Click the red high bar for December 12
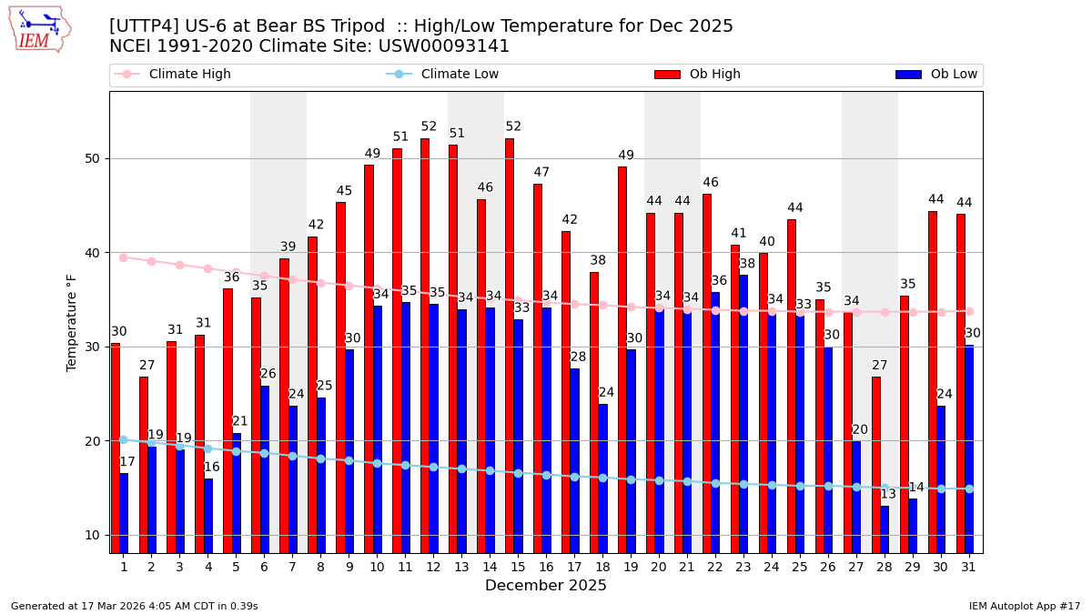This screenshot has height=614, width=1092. pos(425,346)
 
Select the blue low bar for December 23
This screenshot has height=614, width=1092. pos(743,414)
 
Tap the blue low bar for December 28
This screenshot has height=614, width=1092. pos(885,529)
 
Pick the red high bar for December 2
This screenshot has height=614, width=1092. pos(143,464)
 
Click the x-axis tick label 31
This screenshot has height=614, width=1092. pos(968,566)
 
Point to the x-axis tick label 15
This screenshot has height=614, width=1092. pos(518,566)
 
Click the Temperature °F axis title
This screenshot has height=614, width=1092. pos(72,322)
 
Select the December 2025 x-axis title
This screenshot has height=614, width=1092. pos(545,586)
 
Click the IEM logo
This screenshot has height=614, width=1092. pos(40,29)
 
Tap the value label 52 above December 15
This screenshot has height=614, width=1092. pos(513,126)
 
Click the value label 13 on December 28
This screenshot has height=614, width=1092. pos(888,494)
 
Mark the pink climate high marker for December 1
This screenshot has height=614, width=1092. pos(123,257)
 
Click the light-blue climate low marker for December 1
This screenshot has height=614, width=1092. pos(123,439)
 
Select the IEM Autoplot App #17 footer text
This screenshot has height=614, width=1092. pos(1024,606)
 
